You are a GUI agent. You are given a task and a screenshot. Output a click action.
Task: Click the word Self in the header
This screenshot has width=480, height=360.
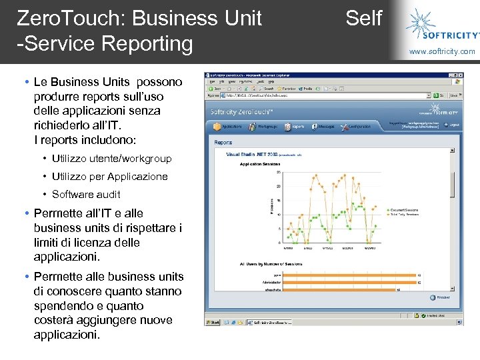tap(363, 19)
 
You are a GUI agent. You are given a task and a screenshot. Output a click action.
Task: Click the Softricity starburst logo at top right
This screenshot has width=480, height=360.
tap(422, 24)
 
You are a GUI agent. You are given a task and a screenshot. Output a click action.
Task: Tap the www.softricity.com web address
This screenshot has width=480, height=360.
tap(442, 51)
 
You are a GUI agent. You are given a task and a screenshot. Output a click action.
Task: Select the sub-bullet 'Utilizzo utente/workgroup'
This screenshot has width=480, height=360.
tap(111, 159)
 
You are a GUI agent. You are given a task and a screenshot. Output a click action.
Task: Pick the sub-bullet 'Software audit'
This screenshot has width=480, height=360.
tap(86, 195)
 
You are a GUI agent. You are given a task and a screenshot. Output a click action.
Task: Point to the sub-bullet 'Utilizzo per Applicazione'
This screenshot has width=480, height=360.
tap(109, 177)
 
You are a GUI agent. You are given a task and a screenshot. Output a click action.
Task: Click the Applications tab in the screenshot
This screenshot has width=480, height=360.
tap(228, 126)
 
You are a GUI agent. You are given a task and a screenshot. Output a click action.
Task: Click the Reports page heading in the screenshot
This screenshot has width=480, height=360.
tap(223, 142)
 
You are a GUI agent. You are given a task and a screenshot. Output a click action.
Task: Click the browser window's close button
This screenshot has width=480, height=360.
tap(459, 75)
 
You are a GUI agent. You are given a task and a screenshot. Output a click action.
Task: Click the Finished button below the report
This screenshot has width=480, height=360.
tap(441, 298)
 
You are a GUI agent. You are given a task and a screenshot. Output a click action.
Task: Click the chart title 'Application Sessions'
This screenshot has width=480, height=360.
tap(261, 163)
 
